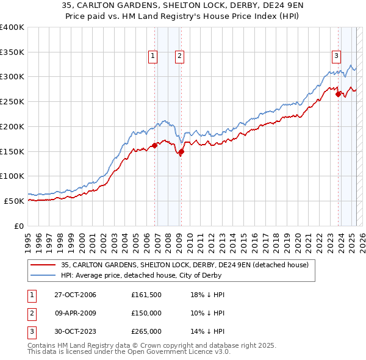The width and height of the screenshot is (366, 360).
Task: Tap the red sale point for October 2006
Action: coord(155,145)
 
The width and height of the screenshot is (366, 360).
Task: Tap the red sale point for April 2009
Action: coord(181,152)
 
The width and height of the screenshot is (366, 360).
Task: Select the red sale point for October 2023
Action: coord(338,94)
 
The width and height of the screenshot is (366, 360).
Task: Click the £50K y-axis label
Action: coord(14,201)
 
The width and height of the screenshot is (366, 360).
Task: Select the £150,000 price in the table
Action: coord(146,314)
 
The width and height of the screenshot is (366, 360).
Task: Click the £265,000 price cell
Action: coord(146,332)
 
